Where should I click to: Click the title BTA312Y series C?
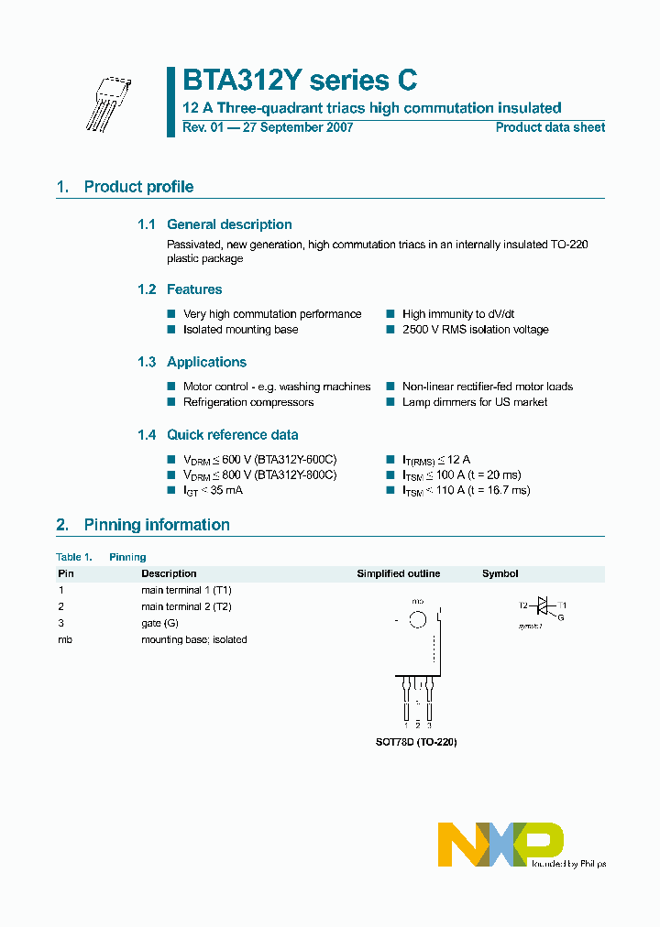tap(300, 81)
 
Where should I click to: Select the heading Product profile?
tap(138, 187)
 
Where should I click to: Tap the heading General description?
tap(229, 224)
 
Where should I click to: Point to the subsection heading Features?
tap(194, 289)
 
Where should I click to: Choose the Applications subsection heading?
tap(206, 362)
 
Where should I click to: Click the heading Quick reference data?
tap(232, 435)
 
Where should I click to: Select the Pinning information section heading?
tap(157, 525)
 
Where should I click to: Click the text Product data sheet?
tap(550, 127)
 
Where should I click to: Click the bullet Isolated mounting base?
tap(240, 330)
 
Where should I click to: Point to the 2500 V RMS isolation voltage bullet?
tap(475, 330)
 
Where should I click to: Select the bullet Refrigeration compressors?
tap(248, 402)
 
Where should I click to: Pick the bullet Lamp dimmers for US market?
tap(475, 402)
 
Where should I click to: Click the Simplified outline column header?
tap(398, 573)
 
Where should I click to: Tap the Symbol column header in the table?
tap(500, 573)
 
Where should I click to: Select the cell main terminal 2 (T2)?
tap(186, 606)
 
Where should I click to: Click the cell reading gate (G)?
tap(159, 623)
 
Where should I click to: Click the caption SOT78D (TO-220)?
tap(417, 742)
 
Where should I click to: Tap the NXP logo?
tap(500, 843)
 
